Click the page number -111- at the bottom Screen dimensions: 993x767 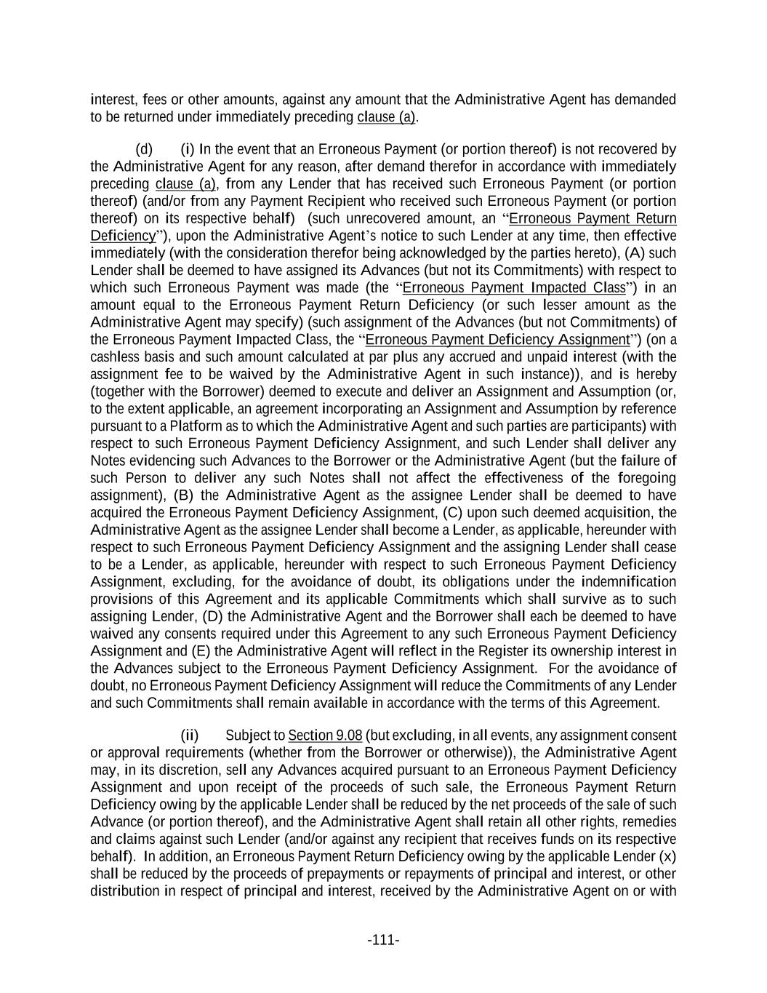pos(383,940)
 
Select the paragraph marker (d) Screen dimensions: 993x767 pos(144,149)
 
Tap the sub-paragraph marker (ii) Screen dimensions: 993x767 pos(189,735)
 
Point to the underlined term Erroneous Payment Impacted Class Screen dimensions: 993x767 pos(514,287)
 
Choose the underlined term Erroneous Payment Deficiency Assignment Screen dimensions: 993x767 pos(498,340)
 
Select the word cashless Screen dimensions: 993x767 pos(113,357)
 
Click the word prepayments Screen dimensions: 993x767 pos(302,874)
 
